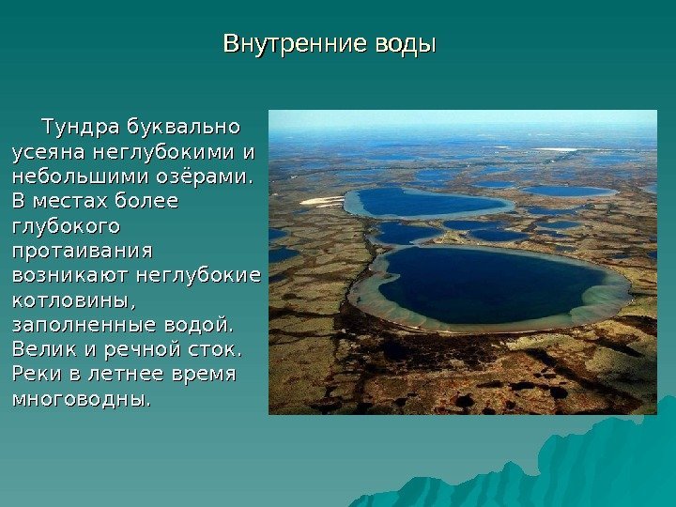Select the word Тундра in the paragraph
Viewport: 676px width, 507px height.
[x=81, y=127]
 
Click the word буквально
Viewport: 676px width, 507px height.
[x=183, y=127]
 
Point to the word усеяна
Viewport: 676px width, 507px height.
[x=49, y=153]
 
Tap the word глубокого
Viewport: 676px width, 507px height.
[x=66, y=227]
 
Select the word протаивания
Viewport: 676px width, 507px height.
[x=83, y=252]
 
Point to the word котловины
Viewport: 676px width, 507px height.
[x=74, y=300]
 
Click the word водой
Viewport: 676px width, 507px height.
[x=199, y=325]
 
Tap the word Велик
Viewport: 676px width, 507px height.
[x=44, y=348]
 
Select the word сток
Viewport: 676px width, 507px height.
[x=215, y=349]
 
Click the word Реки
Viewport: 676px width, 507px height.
[x=37, y=374]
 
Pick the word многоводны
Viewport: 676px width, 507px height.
[x=82, y=399]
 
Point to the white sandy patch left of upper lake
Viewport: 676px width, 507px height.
[x=322, y=201]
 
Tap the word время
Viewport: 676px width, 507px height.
[x=204, y=375]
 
